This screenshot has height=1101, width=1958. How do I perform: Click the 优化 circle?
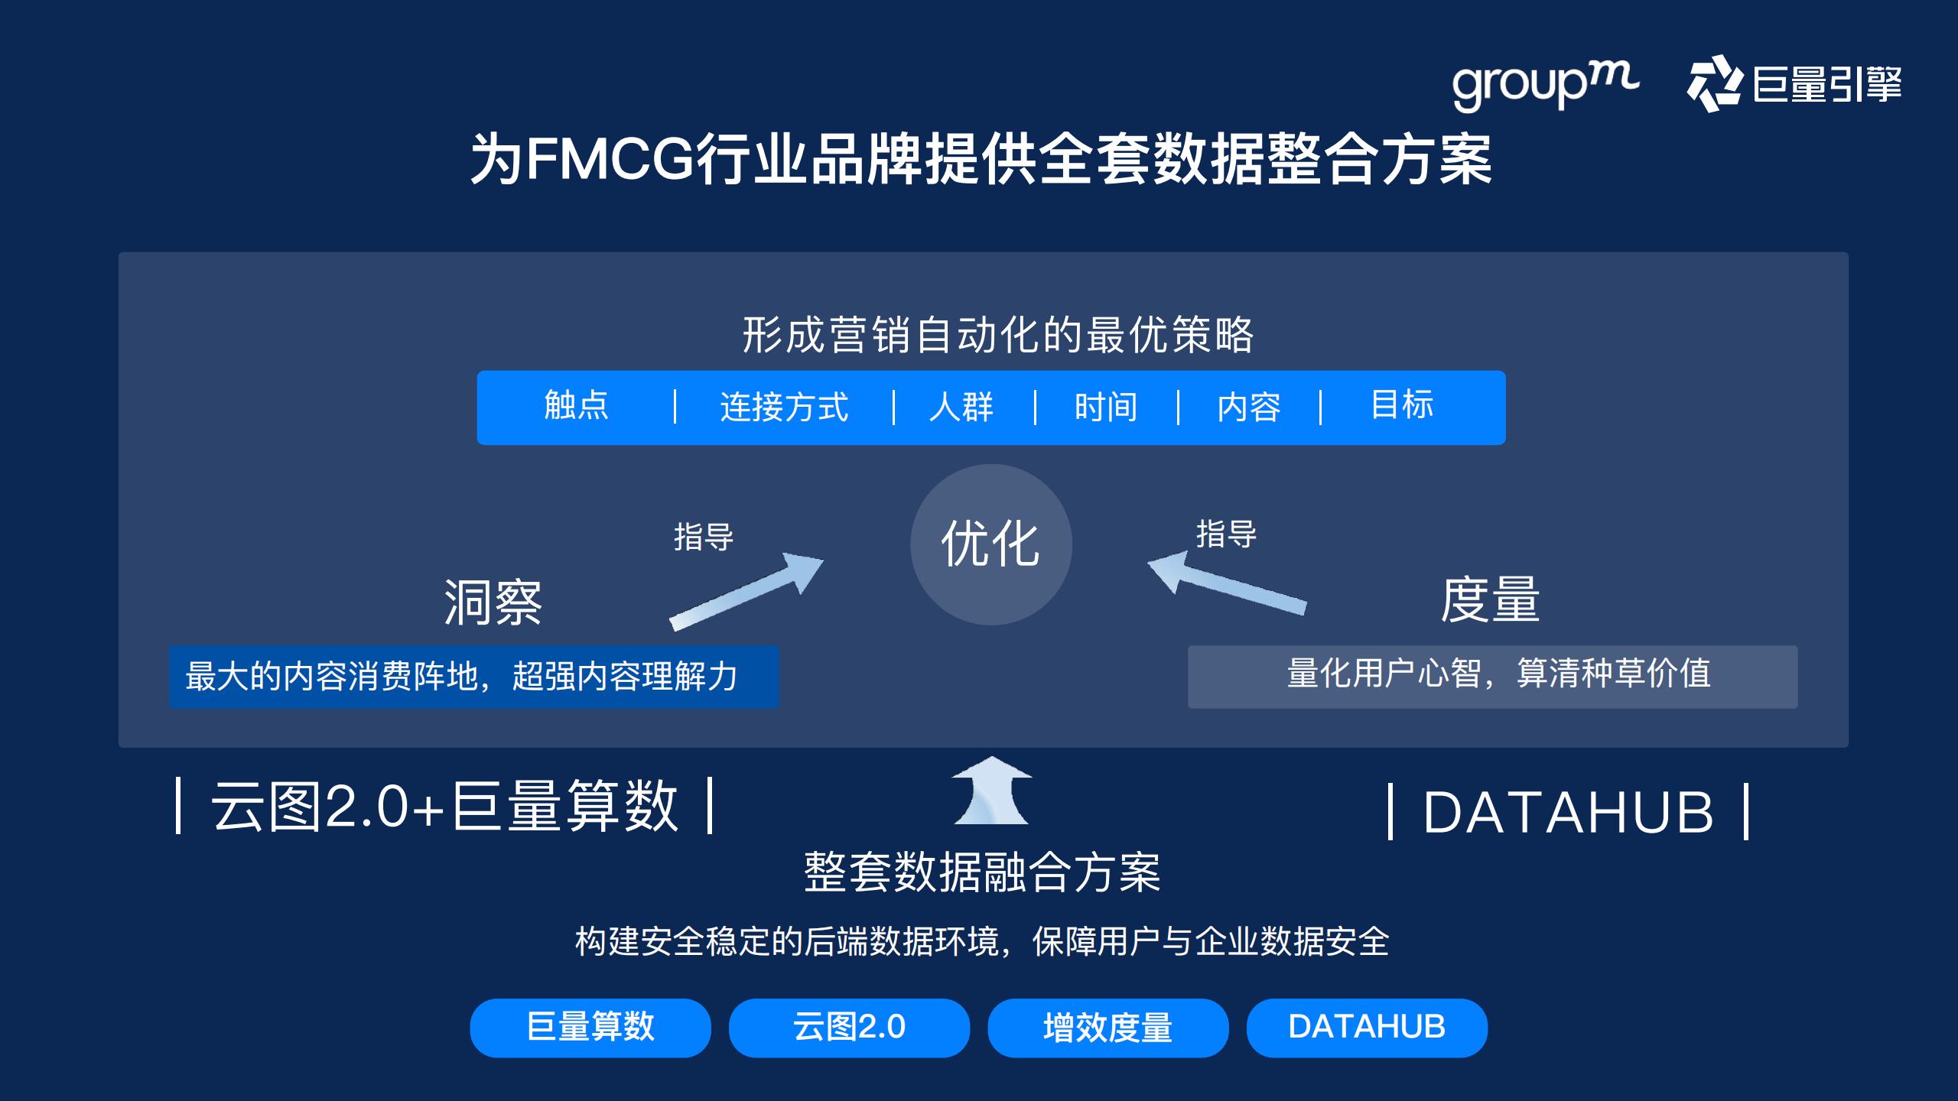click(x=990, y=544)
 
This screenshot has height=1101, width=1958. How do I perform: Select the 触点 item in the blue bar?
click(x=576, y=405)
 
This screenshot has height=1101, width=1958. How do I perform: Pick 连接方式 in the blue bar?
click(x=784, y=407)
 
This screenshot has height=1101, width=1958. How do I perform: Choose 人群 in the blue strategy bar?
click(x=961, y=407)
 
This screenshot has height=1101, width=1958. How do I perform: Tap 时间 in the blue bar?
click(x=1105, y=407)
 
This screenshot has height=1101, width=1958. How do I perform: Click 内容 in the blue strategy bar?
click(x=1249, y=407)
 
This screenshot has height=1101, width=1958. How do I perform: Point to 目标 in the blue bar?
click(x=1402, y=405)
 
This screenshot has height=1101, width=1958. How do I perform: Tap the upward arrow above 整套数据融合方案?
click(x=991, y=791)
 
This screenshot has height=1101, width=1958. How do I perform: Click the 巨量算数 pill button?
click(x=590, y=1028)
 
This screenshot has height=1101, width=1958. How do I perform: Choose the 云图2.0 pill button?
click(x=849, y=1028)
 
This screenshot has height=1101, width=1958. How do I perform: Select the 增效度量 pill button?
click(x=1107, y=1028)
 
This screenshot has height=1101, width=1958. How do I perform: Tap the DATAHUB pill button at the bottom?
click(x=1367, y=1028)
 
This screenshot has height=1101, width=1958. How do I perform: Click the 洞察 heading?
click(x=493, y=602)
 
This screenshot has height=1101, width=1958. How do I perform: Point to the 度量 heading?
click(x=1490, y=599)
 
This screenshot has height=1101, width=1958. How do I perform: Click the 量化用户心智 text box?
click(x=1492, y=676)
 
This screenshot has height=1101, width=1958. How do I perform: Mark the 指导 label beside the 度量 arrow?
click(x=1226, y=534)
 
